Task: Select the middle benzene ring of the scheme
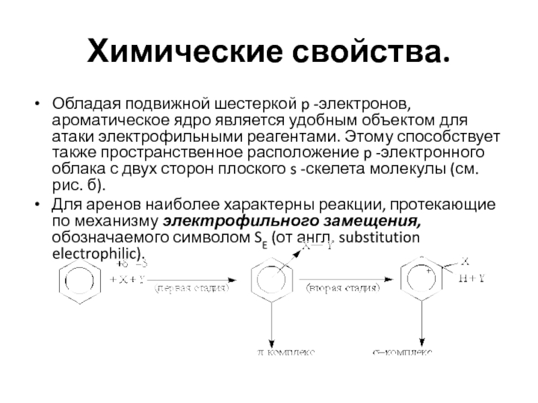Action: [271, 281]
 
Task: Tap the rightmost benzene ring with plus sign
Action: [422, 279]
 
